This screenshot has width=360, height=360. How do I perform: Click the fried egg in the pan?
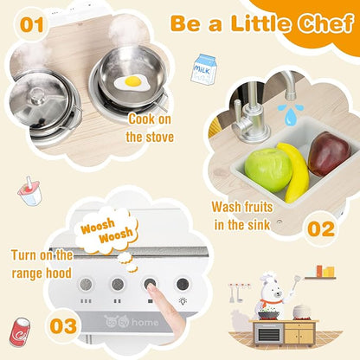pyautogui.click(x=133, y=82)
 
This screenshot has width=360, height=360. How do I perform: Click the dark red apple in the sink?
pyautogui.click(x=328, y=154)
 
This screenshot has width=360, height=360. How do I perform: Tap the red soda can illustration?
pyautogui.click(x=18, y=330)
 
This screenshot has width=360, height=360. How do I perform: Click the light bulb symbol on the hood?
pyautogui.click(x=183, y=283)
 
